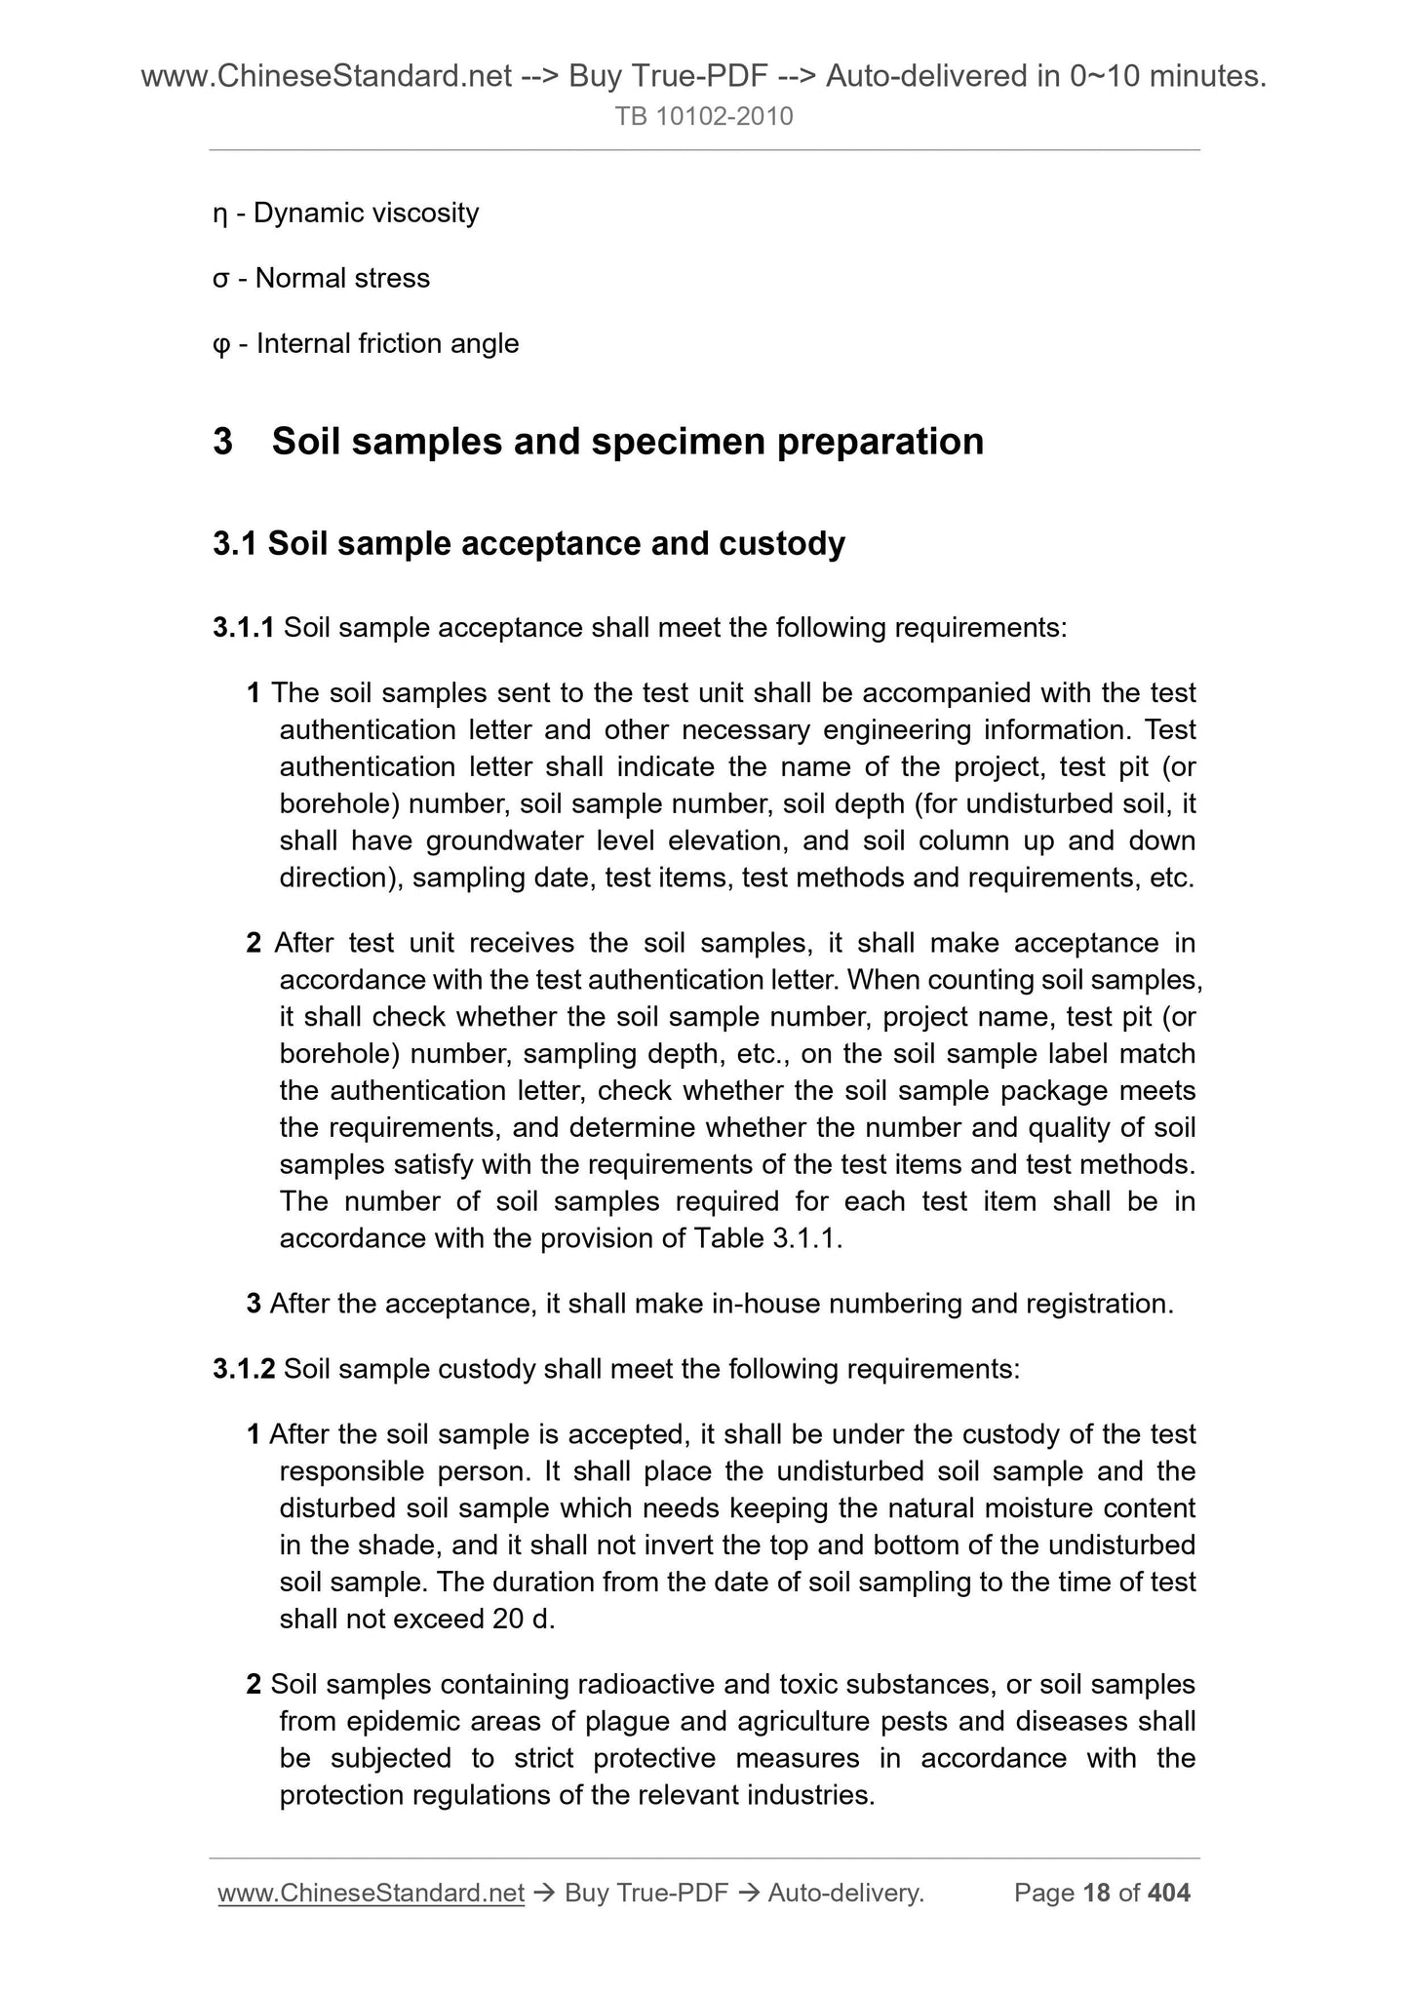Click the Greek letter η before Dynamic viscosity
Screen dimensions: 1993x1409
[x=219, y=215]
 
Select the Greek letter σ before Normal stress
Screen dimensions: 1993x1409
[x=220, y=280]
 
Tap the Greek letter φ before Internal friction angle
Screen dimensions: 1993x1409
[x=221, y=345]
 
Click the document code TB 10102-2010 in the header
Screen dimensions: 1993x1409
[x=704, y=117]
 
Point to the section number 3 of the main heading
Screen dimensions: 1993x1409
[x=223, y=442]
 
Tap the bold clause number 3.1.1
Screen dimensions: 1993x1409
[x=244, y=628]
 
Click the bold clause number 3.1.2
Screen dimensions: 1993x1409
[x=244, y=1369]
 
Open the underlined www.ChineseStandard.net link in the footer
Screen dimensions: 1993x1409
[x=372, y=1893]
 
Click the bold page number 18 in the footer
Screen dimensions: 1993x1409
[x=1097, y=1893]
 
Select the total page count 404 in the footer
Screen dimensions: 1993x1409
[x=1169, y=1893]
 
